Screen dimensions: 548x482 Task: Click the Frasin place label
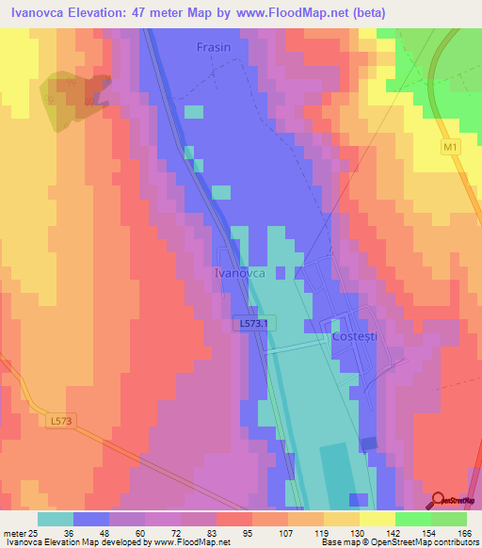[214, 46]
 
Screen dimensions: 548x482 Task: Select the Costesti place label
[354, 336]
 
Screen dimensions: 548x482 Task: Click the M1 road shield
[452, 149]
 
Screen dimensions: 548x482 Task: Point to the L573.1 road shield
[253, 323]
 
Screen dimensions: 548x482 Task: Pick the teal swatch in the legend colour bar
[56, 518]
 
